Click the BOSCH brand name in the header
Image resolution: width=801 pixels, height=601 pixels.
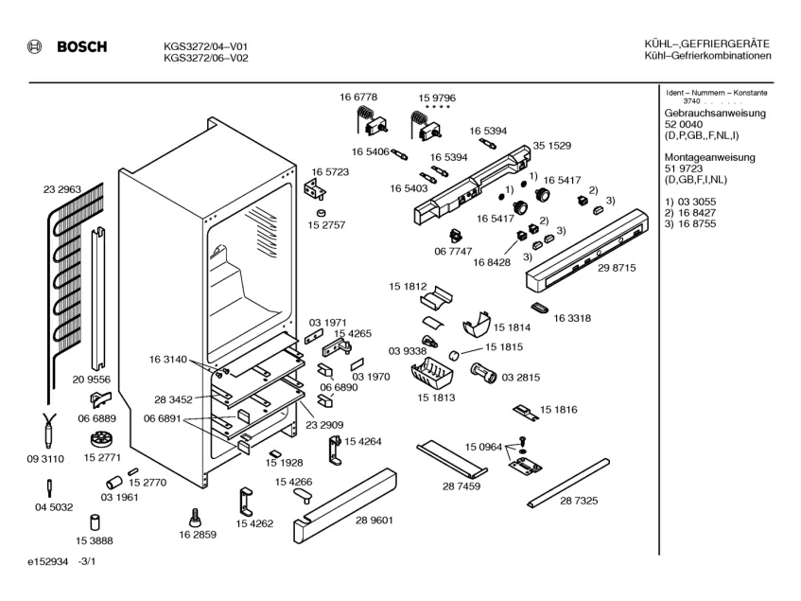(79, 47)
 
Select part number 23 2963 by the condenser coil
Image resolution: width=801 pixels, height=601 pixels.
(61, 190)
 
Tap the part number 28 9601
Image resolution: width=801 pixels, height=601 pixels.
(374, 520)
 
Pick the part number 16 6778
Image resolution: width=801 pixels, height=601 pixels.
(358, 97)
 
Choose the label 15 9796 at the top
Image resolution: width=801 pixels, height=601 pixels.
(437, 97)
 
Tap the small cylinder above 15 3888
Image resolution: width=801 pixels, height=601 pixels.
(95, 521)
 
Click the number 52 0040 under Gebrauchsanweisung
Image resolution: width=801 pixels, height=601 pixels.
(684, 124)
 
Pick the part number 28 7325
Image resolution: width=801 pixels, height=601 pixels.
(579, 501)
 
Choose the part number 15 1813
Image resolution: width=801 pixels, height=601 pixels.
(435, 398)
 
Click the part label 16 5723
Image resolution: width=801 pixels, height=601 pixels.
(331, 172)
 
